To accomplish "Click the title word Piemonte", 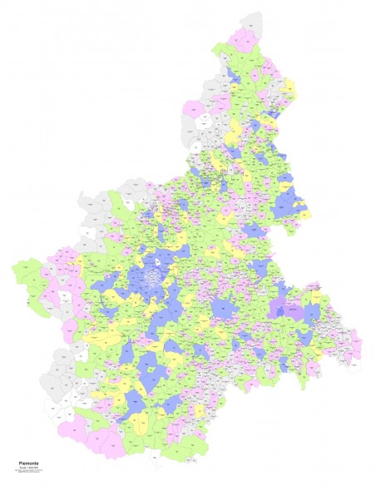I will [x=27, y=459].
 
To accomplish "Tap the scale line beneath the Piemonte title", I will [x=27, y=464].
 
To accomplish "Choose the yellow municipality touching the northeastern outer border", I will [x=289, y=87].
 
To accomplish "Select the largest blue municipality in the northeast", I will [x=287, y=200].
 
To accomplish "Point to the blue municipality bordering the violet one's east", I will [x=310, y=314].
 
